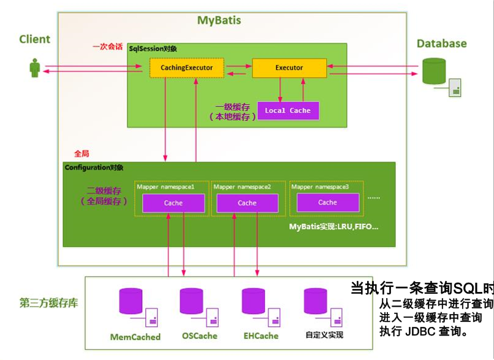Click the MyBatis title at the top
219,20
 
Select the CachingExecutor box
186,67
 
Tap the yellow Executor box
289,67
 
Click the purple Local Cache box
287,110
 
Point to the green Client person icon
35,67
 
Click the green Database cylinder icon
434,71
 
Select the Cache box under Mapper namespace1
173,202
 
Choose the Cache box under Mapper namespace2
247,202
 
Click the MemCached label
135,337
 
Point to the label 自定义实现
324,335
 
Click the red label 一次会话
108,47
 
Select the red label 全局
82,153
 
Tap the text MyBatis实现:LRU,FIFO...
334,227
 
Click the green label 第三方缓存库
48,303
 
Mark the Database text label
441,44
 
